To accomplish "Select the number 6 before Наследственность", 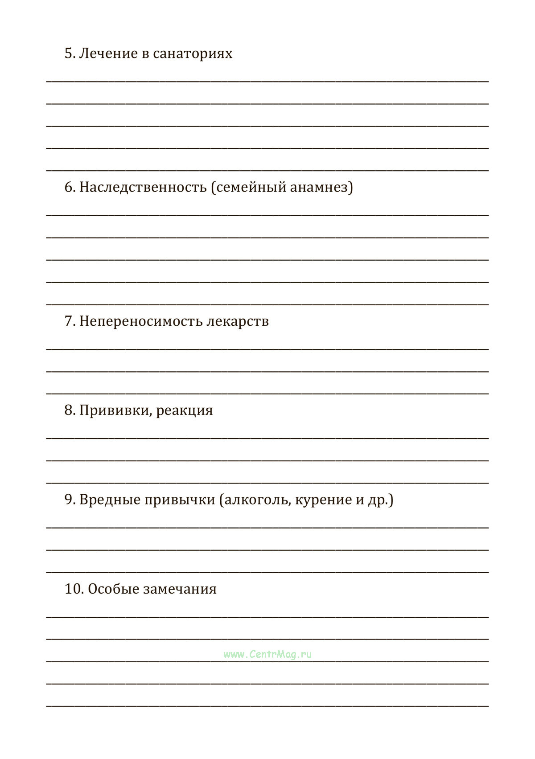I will pos(70,187).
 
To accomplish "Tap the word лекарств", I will pos(238,321).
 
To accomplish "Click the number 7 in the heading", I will pos(69,321).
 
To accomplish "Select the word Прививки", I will pos(116,410).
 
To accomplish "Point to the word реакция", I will pos(185,410).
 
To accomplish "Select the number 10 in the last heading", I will pos(74,589).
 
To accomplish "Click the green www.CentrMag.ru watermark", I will pos(267,654).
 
